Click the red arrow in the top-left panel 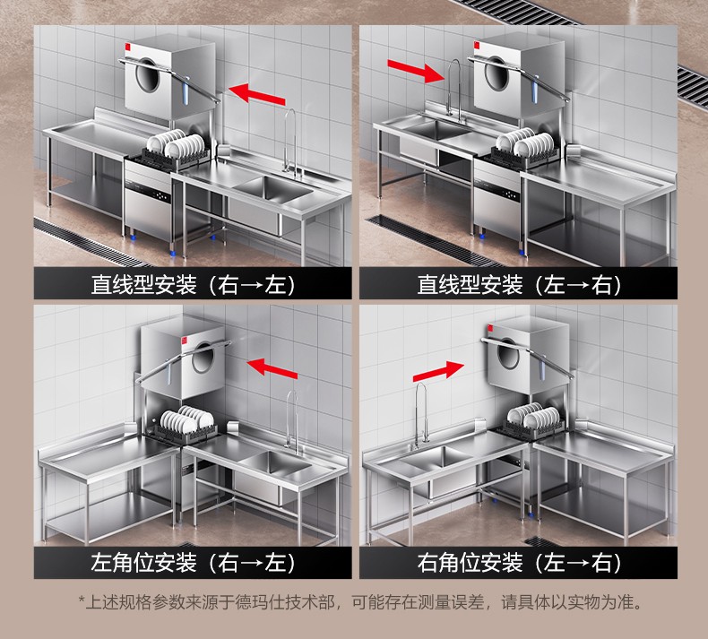[257, 93]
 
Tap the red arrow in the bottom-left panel [272, 367]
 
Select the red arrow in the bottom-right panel [438, 371]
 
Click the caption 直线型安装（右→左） [194, 285]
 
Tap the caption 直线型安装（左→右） [519, 285]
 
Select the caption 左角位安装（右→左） [194, 563]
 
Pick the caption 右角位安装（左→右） [519, 563]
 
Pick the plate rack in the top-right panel [525, 148]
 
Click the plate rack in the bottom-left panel [186, 424]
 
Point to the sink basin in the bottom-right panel [436, 458]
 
